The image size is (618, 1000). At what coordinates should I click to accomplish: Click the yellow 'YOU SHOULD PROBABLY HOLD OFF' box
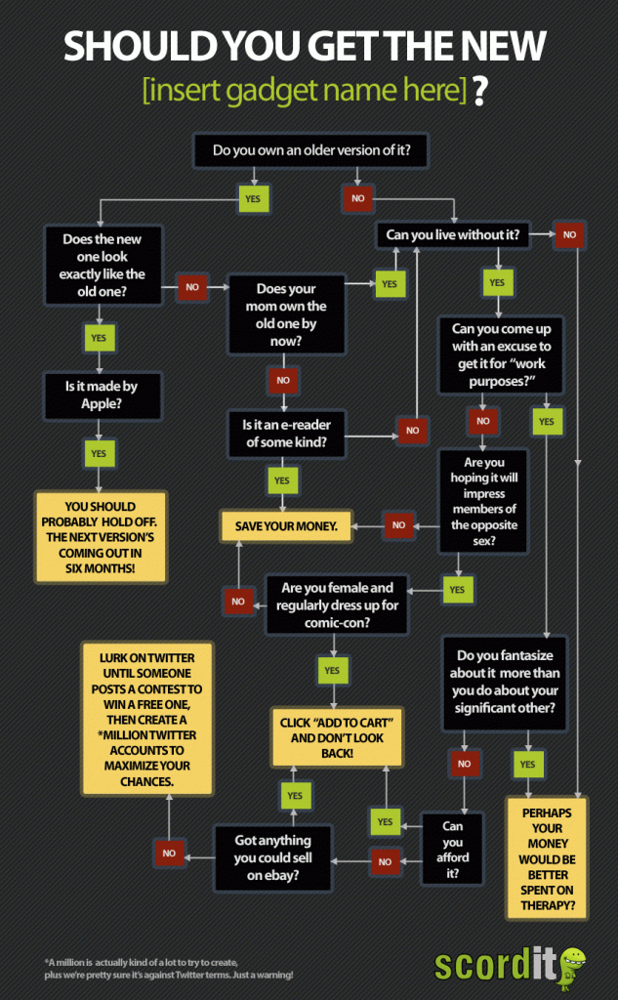tap(102, 536)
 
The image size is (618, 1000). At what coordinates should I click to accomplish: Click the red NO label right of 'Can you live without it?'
tap(569, 234)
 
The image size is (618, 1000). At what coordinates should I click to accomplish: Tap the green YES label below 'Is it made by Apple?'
tap(99, 453)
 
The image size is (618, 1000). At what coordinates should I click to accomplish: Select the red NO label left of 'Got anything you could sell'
tap(169, 853)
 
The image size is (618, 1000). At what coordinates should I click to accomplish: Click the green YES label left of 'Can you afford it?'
tap(385, 822)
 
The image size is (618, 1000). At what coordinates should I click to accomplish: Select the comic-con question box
tap(338, 604)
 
